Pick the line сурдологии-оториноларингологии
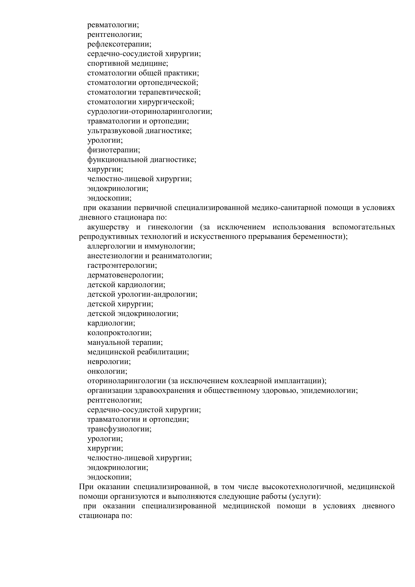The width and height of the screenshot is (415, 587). click(149, 112)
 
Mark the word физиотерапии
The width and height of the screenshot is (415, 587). click(113, 150)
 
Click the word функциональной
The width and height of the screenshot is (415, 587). click(117, 160)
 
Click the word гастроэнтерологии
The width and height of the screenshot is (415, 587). click(122, 266)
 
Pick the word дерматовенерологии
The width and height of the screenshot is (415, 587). click(125, 275)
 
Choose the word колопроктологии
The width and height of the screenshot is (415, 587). click(119, 333)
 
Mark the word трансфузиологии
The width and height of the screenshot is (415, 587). click(119, 429)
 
